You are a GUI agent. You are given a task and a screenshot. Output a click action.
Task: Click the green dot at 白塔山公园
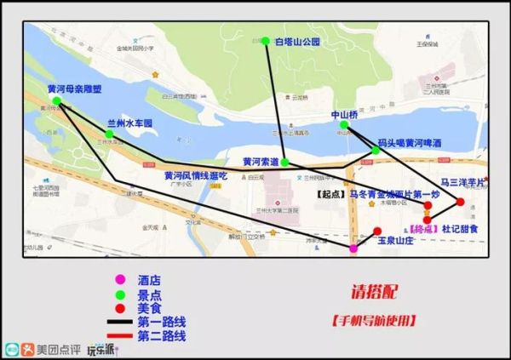[x=266, y=41]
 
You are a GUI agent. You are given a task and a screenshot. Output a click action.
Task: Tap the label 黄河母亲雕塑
[x=75, y=89]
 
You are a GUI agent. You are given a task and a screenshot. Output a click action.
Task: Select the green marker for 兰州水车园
[x=109, y=134]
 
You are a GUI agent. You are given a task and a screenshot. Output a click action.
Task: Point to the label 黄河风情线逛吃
[x=196, y=176]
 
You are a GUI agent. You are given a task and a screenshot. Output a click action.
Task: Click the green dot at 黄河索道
[x=285, y=162]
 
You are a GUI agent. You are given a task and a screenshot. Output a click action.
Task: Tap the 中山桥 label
[x=345, y=113]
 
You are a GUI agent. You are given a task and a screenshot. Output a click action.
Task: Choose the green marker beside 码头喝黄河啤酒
[x=376, y=151]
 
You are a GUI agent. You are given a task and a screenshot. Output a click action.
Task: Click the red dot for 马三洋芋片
[x=461, y=202]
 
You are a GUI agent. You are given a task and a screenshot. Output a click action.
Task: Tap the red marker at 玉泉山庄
[x=376, y=231]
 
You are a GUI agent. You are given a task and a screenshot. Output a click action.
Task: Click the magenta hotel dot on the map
[x=353, y=249]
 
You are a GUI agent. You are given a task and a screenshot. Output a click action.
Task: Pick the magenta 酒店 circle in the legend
[x=120, y=279]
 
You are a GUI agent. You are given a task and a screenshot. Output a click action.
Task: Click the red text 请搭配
[x=372, y=292]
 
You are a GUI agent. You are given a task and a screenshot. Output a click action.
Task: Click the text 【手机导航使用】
[x=374, y=321]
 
